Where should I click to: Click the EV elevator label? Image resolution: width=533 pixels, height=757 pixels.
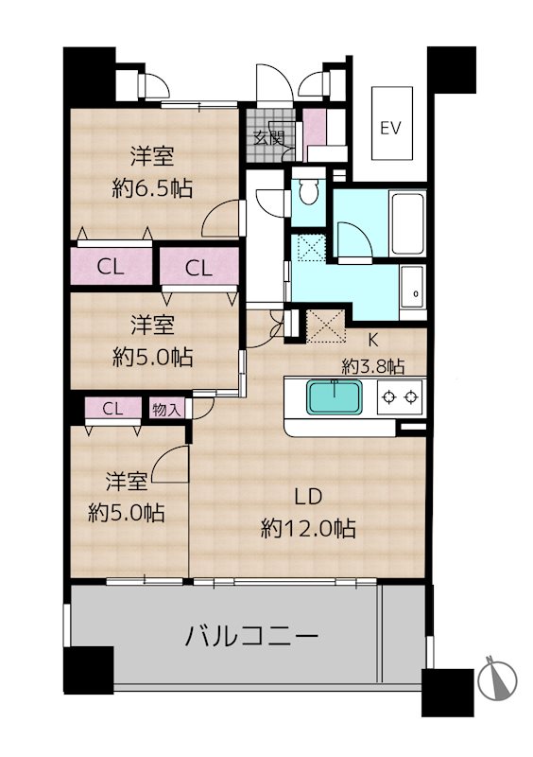pos(390,129)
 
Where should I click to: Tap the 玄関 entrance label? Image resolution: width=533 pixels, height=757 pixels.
pos(268,138)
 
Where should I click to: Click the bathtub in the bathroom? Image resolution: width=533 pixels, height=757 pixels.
pos(407,223)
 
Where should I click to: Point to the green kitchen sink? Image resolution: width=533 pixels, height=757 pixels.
pos(335,397)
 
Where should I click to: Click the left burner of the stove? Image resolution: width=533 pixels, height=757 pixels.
pos(388,397)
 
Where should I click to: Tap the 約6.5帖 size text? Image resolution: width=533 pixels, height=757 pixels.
pos(152,187)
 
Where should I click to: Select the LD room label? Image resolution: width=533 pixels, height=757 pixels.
pos(309,496)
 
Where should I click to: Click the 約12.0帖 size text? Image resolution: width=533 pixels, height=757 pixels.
pos(309,528)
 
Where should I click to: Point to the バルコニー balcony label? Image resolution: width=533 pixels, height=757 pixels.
pos(252,636)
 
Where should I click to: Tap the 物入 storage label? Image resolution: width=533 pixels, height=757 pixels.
pos(166,410)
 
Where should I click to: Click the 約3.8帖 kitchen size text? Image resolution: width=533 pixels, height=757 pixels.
pos(373,367)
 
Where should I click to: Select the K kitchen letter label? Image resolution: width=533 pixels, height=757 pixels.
pos(373,340)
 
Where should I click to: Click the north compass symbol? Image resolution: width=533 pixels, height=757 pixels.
pos(498,679)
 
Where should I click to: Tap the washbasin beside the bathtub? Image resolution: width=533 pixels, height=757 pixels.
pos(413,288)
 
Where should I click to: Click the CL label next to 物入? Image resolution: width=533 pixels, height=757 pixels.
pos(112,409)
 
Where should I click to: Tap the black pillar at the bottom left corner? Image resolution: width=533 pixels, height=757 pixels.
pos(89,670)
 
